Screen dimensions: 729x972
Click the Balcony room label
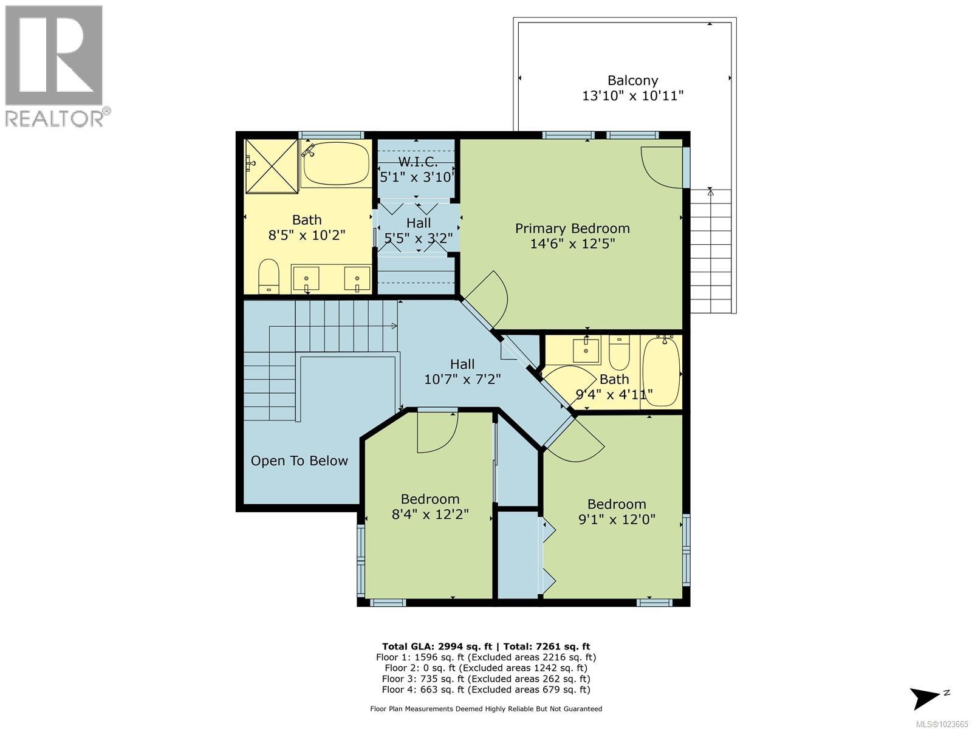point(632,80)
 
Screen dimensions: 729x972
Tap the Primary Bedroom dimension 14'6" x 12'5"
point(572,244)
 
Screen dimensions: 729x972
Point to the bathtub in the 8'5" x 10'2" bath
point(336,164)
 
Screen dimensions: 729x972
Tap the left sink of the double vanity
point(306,279)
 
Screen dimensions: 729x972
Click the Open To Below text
point(299,461)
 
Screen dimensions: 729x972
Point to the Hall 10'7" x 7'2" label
point(462,372)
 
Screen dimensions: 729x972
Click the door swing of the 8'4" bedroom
point(436,433)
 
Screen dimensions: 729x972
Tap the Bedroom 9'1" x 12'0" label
point(617,512)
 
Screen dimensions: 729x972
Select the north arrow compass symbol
point(926,697)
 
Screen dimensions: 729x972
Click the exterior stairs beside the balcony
point(711,249)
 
